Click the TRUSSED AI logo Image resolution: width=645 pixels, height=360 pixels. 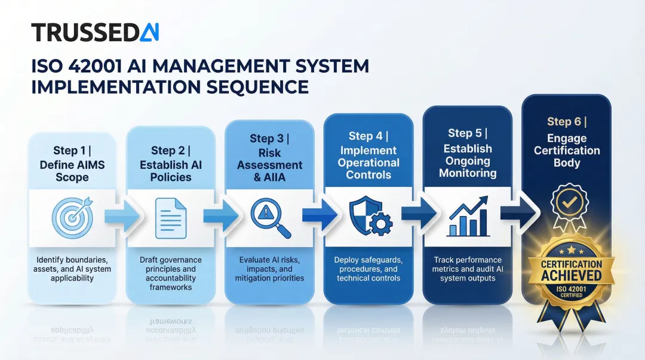(x=95, y=32)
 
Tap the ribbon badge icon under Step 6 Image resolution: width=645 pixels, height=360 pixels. (x=566, y=207)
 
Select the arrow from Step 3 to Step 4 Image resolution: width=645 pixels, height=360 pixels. (x=319, y=217)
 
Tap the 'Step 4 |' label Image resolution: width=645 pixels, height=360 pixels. (x=368, y=136)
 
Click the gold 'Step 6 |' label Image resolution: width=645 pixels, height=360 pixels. (x=567, y=122)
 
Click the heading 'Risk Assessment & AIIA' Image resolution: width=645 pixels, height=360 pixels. (x=270, y=165)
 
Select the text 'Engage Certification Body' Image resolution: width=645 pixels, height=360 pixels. (x=567, y=150)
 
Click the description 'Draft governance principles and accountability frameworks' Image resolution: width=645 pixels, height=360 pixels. (x=171, y=273)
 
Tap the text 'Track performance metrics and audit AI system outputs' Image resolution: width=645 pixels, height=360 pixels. (x=468, y=269)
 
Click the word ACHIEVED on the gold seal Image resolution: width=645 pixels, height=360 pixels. (x=571, y=275)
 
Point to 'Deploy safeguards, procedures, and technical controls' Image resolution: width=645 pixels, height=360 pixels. (x=368, y=269)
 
